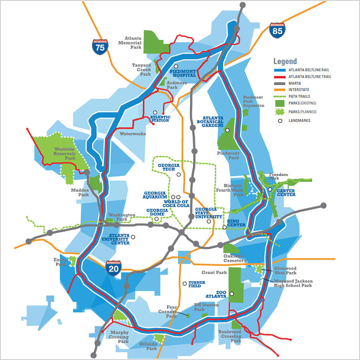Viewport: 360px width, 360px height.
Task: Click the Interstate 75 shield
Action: (x=100, y=46)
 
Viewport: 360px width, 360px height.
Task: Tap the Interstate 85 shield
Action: (x=277, y=30)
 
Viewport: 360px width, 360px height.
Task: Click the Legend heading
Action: (x=285, y=61)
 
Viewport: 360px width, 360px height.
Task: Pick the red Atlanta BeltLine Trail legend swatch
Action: (x=280, y=76)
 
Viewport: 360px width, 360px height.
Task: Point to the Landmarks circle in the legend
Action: (x=280, y=120)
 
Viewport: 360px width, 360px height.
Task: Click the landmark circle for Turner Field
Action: (x=184, y=284)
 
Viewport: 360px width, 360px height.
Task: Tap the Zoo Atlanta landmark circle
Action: (x=231, y=294)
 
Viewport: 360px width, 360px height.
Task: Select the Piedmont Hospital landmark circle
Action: (x=176, y=66)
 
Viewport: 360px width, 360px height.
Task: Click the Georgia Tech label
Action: (x=169, y=167)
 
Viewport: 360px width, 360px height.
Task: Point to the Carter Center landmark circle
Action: (x=270, y=190)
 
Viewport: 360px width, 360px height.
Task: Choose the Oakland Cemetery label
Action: (x=233, y=258)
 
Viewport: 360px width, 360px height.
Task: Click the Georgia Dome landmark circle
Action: (x=156, y=219)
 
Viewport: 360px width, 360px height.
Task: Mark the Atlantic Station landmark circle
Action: (x=155, y=113)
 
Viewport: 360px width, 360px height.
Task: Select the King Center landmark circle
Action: (x=224, y=228)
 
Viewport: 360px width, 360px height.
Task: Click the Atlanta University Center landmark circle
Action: (x=133, y=237)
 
